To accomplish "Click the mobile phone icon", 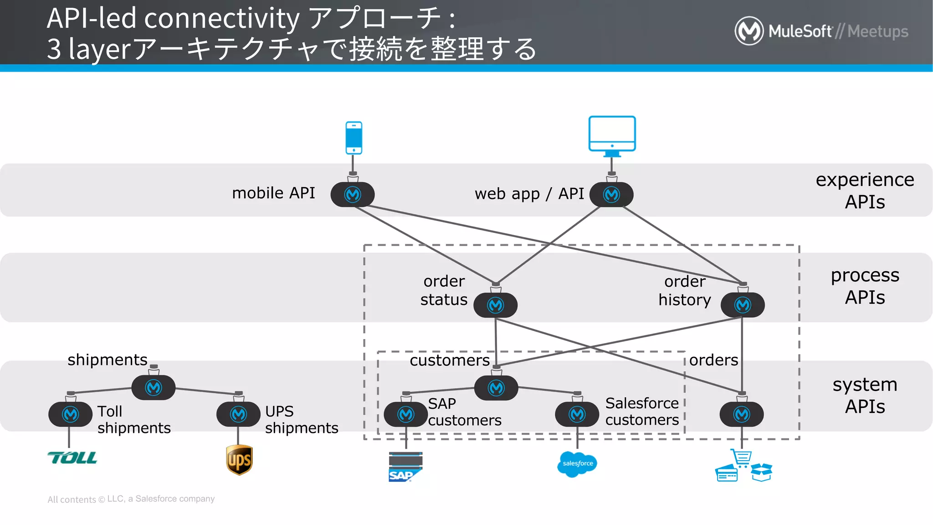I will pos(354,138).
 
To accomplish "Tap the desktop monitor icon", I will pos(612,135).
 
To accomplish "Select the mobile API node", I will pos(353,195).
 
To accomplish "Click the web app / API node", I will pos(611,195).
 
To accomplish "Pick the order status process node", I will pos(495,305).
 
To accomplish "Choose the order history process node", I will pos(743,305).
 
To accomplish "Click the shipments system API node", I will pos(154,387).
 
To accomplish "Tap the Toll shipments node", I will pos(71,414).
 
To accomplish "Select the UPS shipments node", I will pos(238,414).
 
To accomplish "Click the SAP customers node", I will pos(405,414).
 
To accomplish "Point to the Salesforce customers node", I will pos(577,414).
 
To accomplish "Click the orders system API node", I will pos(742,414).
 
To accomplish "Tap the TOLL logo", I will pos(72,458).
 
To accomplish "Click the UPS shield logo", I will pos(239,460).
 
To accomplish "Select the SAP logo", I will pos(405,467).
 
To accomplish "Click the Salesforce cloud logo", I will pos(577,464).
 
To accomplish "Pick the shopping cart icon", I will pos(742,458).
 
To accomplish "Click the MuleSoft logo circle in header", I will pos(749,31).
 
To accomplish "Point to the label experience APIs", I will pos(865,190).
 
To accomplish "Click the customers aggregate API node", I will pos(496,388).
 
